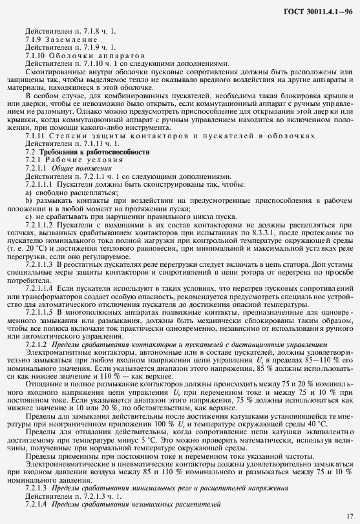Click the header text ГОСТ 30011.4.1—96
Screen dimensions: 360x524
point(318,12)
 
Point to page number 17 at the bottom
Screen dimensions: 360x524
point(349,516)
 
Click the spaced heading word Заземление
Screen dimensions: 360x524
point(70,39)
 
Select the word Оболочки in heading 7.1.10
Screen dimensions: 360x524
point(69,56)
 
